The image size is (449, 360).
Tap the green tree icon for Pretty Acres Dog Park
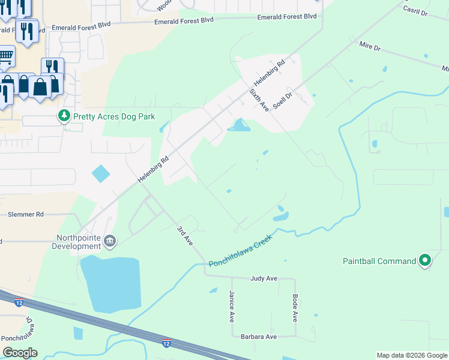[x=63, y=115]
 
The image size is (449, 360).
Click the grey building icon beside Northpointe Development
[x=110, y=241]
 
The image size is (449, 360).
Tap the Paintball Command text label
[x=379, y=261]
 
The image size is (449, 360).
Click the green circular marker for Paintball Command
[x=425, y=260]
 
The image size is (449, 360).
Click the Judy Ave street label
[x=264, y=278]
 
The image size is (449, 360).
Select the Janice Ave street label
[x=232, y=307]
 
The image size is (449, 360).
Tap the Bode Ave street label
[x=295, y=307]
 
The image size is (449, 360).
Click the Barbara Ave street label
[x=259, y=337]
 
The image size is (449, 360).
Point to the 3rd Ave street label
[x=184, y=236]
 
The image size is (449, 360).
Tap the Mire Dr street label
[x=370, y=46]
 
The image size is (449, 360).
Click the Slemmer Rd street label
[x=26, y=214]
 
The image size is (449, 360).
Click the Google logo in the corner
[x=20, y=353]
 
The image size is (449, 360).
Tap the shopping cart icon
[x=5, y=56]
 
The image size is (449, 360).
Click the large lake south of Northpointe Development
[x=111, y=284]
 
